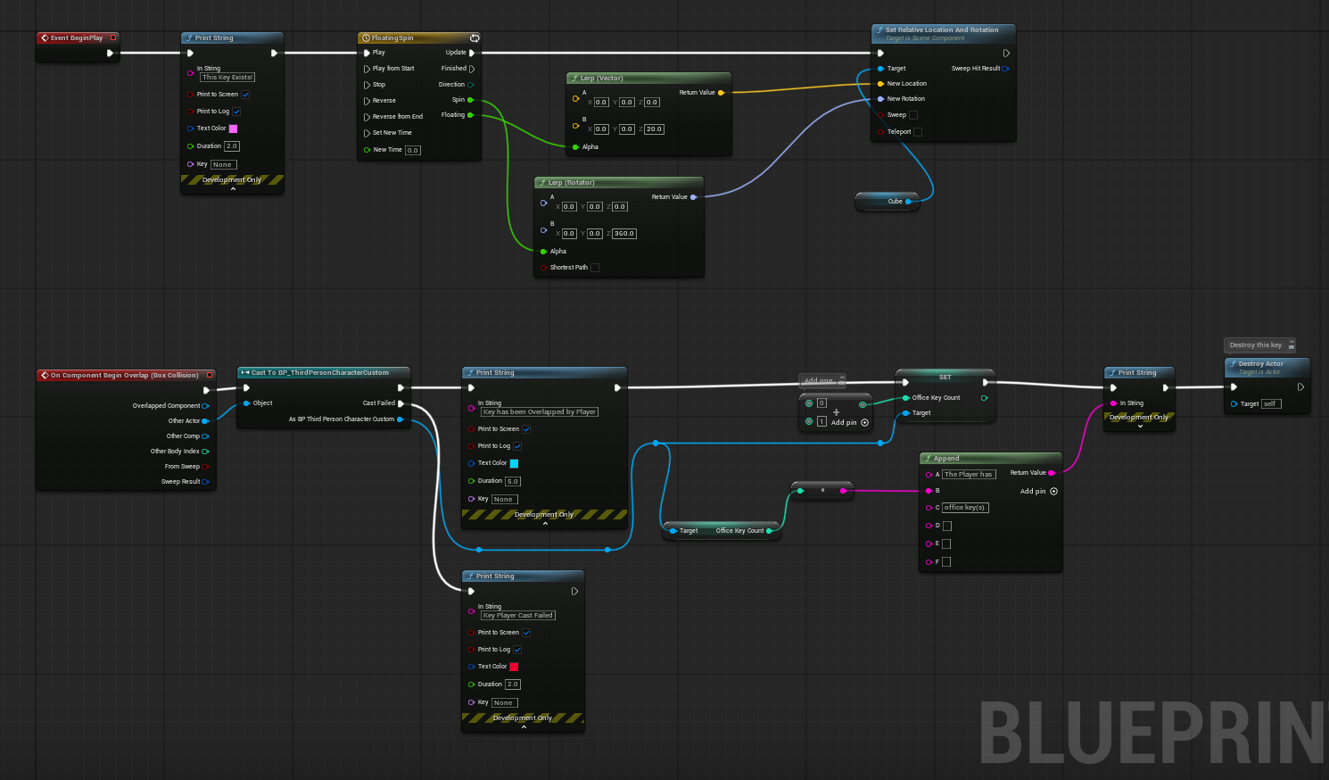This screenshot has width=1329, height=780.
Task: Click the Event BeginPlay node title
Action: (x=77, y=38)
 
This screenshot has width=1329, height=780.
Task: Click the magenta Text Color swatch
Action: (x=233, y=129)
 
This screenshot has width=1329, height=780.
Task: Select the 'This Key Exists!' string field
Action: (x=227, y=78)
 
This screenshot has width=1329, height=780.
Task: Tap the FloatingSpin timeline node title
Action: (x=392, y=38)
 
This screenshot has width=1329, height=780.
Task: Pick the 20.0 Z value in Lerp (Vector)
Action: (x=654, y=129)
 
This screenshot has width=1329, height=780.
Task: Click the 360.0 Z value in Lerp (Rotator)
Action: (x=624, y=234)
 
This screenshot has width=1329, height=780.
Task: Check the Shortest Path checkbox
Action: (x=595, y=268)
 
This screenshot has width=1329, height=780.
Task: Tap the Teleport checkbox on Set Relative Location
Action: (x=918, y=132)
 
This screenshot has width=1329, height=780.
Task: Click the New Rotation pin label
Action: (x=905, y=99)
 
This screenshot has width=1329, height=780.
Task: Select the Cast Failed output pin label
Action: (x=378, y=403)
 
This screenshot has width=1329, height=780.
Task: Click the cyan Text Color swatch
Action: (x=514, y=463)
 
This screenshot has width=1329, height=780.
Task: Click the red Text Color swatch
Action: (x=514, y=667)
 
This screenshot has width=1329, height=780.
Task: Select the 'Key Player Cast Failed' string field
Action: (x=518, y=616)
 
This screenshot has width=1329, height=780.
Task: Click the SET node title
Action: (x=945, y=378)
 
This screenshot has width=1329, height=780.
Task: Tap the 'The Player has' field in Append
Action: (x=968, y=475)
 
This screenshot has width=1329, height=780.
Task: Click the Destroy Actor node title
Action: (x=1260, y=364)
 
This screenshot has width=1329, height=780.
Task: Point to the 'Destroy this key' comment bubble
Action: (x=1256, y=345)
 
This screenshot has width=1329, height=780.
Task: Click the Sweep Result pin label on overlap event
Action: (x=180, y=482)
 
